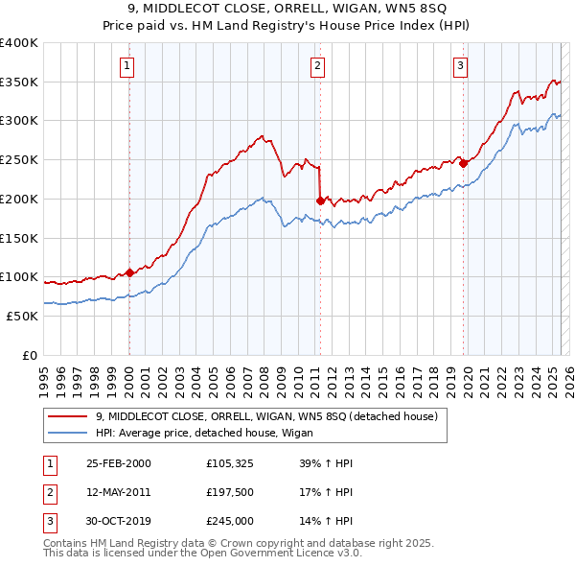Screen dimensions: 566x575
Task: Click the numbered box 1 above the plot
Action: [127, 66]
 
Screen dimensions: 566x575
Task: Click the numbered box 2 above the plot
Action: [317, 66]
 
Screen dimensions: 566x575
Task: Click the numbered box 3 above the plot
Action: [460, 66]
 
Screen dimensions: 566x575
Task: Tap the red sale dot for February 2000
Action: [129, 272]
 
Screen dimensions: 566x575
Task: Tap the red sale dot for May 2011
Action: [320, 200]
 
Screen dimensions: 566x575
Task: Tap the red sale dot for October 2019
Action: [464, 163]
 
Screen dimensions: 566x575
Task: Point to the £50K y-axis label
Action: [22, 316]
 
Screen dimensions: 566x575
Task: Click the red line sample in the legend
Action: [68, 416]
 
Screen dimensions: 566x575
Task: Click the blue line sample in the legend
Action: [68, 433]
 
